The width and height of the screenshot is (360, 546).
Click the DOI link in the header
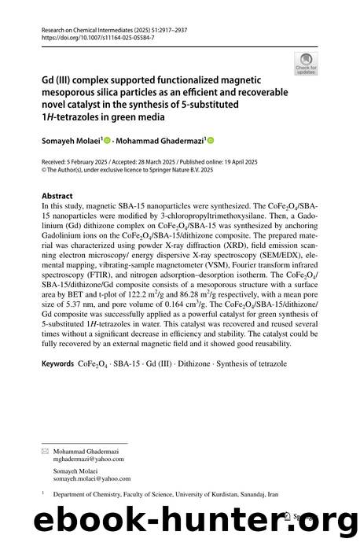(x=87, y=37)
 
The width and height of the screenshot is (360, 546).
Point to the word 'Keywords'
(x=60, y=364)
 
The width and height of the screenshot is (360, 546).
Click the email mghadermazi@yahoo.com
(x=84, y=459)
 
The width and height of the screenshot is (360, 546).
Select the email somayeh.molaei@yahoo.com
(x=91, y=478)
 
